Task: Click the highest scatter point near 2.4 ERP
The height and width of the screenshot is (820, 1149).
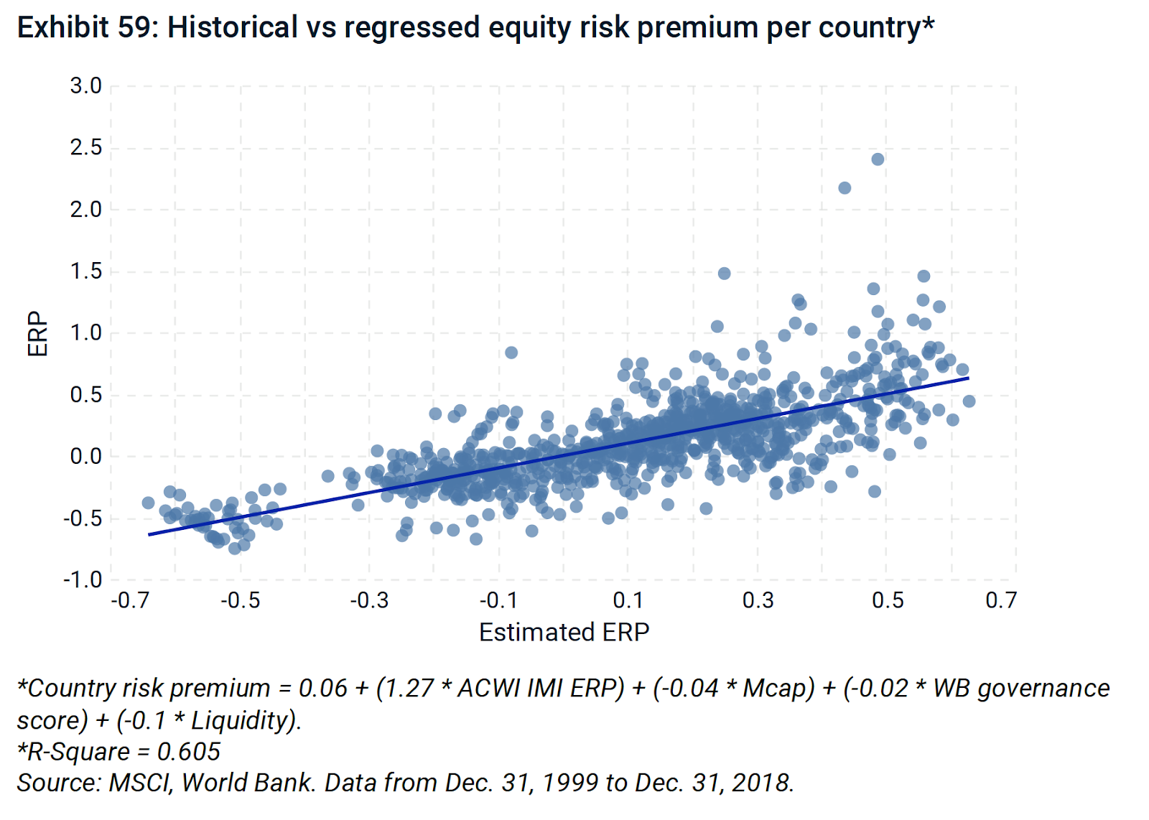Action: point(878,159)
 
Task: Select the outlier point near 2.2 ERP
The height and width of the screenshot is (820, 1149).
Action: point(845,188)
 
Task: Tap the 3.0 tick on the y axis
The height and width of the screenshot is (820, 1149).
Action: point(85,86)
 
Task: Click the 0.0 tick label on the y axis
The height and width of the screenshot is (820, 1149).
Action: point(85,456)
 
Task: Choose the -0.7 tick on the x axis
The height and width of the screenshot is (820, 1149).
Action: point(130,600)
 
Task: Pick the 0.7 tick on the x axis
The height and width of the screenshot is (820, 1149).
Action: point(1001,600)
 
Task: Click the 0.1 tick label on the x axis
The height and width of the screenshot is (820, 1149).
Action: point(628,600)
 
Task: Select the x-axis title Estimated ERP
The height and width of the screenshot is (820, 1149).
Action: point(564,632)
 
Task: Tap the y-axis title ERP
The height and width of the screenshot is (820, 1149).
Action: point(37,333)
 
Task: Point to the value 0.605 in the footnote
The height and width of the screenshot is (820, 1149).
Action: point(188,752)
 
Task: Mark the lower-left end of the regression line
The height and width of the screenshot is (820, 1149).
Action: point(149,534)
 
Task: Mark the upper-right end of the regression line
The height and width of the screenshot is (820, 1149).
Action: point(968,378)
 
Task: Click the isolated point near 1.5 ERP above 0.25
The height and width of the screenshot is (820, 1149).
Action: point(724,274)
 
